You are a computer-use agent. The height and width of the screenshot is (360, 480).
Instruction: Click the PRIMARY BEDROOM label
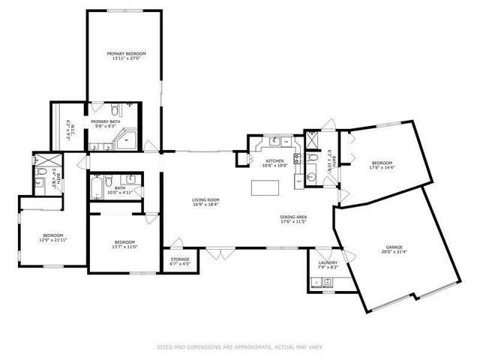pyautogui.click(x=126, y=54)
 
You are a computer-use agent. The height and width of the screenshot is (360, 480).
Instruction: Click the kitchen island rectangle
pyautogui.click(x=262, y=187)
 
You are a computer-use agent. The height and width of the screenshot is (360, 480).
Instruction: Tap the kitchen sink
pyautogui.click(x=275, y=140)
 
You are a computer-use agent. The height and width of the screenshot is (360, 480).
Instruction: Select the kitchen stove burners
pyautogui.click(x=297, y=158)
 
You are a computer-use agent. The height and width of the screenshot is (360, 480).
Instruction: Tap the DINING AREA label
pyautogui.click(x=294, y=217)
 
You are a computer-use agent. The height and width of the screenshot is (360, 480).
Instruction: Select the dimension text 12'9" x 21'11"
pyautogui.click(x=52, y=239)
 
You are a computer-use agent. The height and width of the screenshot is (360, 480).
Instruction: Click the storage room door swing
pyautogui.click(x=175, y=244)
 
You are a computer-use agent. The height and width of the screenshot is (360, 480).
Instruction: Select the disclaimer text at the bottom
pyautogui.click(x=240, y=346)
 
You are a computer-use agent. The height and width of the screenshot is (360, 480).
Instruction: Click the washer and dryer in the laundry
pyautogui.click(x=322, y=283)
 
